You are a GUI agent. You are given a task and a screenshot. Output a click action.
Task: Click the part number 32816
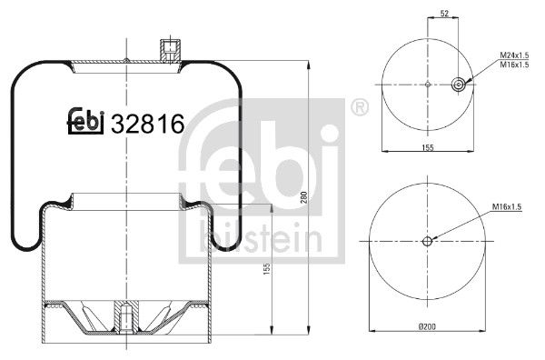pyautogui.click(x=147, y=123)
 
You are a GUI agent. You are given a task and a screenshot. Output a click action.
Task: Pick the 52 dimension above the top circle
pyautogui.click(x=443, y=15)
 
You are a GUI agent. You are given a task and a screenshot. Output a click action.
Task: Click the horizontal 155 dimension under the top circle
pyautogui.click(x=427, y=146)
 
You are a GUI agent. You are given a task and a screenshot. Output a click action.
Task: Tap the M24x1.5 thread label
pyautogui.click(x=515, y=57)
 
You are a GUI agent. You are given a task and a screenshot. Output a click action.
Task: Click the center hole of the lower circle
pyautogui.click(x=427, y=242)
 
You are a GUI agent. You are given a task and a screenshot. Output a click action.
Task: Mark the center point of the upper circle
pyautogui.click(x=427, y=85)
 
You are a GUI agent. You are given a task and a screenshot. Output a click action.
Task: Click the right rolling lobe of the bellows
pyautogui.click(x=221, y=227)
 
